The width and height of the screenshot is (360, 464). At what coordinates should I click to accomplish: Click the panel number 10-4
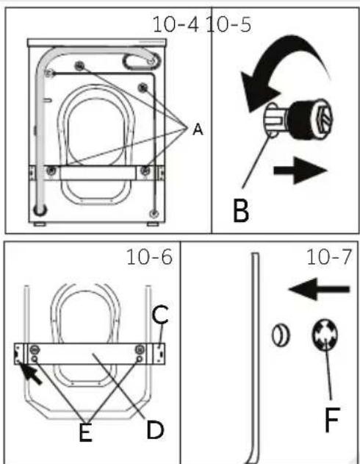176,24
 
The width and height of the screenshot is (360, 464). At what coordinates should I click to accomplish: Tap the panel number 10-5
228,24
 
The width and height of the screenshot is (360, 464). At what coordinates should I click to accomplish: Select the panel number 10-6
149,257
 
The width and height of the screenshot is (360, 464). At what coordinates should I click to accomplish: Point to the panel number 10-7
329,257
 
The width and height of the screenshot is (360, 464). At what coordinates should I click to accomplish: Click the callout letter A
198,129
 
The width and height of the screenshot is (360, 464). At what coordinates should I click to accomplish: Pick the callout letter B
241,210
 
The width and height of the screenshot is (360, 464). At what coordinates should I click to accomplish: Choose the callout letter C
160,314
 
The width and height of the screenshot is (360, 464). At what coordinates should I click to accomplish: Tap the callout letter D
155,430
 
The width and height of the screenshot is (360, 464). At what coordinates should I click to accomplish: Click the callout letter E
85,433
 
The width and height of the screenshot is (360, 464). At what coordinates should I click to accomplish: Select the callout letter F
332,420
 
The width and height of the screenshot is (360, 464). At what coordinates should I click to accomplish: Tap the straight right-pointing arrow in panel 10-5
300,171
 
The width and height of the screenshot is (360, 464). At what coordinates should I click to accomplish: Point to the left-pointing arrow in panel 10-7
319,289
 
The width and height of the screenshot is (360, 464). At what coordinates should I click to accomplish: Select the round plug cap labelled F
325,335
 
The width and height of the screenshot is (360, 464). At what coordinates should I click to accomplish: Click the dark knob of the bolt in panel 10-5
310,119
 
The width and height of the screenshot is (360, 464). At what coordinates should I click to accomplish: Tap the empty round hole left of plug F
281,335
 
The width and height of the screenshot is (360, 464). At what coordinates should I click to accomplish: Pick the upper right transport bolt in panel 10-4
143,88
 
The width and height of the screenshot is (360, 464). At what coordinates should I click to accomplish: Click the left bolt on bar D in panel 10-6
35,350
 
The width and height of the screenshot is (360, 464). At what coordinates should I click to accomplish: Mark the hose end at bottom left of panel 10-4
40,210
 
